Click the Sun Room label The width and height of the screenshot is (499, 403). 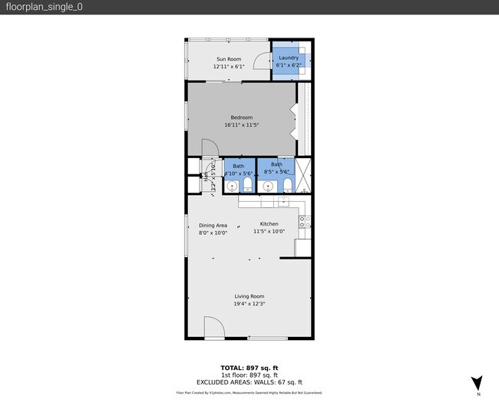(x=228, y=59)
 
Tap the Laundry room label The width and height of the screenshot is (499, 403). (x=289, y=58)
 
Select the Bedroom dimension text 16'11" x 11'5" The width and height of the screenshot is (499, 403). (x=241, y=125)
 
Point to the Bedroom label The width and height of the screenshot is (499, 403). (x=241, y=117)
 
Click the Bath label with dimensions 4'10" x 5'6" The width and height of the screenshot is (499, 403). (x=239, y=166)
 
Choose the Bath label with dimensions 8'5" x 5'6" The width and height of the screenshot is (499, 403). (x=276, y=164)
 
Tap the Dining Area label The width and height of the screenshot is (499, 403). (x=213, y=225)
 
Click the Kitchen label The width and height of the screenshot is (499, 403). (x=269, y=224)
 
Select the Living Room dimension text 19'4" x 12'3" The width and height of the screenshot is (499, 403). (x=249, y=304)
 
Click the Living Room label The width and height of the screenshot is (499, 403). (x=249, y=296)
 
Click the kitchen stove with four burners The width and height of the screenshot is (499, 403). (x=304, y=221)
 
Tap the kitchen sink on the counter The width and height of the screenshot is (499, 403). (x=283, y=202)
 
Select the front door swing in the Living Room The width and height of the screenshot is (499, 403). (x=213, y=328)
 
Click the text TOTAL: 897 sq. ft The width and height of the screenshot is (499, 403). (x=249, y=367)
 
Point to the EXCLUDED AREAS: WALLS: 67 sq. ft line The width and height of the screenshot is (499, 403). (x=249, y=382)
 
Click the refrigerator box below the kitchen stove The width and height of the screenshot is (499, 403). (x=303, y=247)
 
